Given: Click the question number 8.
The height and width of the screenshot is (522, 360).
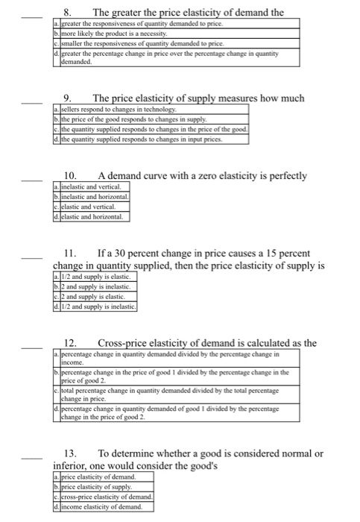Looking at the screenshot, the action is (67, 13).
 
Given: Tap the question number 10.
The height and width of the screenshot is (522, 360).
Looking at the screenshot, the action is (69, 175).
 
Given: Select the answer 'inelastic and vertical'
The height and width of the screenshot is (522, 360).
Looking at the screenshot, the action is (86, 186).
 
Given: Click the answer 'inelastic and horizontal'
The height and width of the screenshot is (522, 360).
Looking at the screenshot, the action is (90, 196).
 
